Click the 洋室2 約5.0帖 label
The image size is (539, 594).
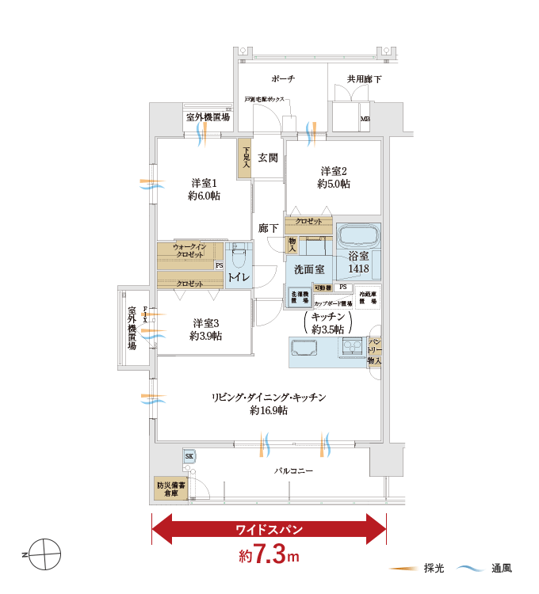pos(334,177)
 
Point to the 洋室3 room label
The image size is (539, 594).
pos(205,329)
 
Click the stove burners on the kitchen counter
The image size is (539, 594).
pos(351,347)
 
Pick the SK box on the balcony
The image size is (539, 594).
pos(189,457)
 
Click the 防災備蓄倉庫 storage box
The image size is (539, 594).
pos(170,488)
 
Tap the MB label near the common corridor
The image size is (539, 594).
pos(365,120)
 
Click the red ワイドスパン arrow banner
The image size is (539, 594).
pos(268,529)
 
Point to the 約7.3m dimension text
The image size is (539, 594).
pos(269,555)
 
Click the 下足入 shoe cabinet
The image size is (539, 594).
pos(246,158)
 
